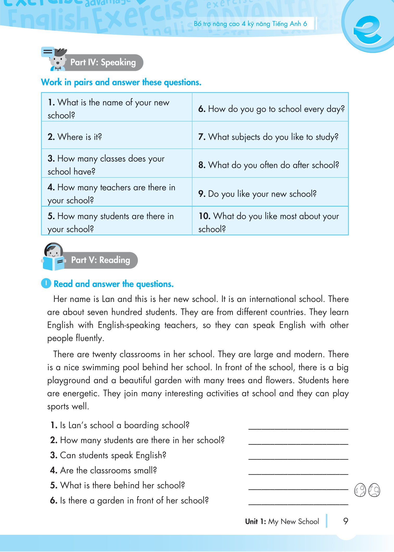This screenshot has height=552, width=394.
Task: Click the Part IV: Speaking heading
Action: (x=103, y=63)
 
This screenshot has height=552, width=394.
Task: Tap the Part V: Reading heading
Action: (x=101, y=260)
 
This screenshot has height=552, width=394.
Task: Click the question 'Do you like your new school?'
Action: (x=257, y=194)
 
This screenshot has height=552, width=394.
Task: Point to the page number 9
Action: (x=346, y=521)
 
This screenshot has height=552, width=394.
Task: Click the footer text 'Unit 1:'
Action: (x=255, y=522)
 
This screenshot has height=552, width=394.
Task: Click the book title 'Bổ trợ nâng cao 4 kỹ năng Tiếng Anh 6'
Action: (x=250, y=24)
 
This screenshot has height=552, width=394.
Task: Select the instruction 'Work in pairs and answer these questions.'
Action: (x=121, y=82)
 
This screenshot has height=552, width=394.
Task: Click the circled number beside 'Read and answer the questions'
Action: (x=46, y=283)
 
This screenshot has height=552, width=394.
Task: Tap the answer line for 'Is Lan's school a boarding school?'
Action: (x=298, y=427)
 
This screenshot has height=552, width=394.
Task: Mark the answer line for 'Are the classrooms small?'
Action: (x=298, y=473)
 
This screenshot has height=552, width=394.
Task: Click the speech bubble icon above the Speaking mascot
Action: (x=47, y=52)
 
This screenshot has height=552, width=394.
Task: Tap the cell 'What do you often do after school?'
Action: (x=269, y=165)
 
